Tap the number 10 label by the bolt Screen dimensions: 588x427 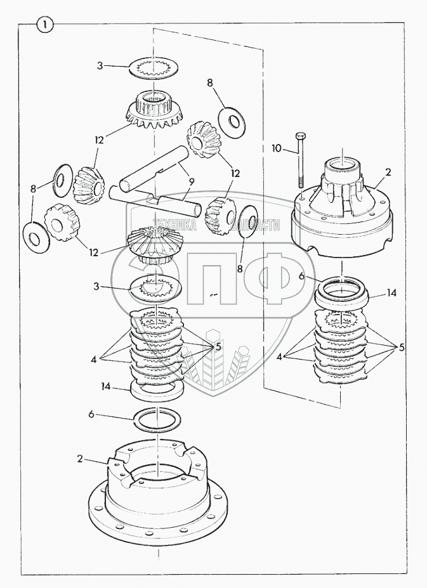tap(277, 148)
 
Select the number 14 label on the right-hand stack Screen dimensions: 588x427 tap(391, 292)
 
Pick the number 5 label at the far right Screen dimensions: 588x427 tap(401, 347)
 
